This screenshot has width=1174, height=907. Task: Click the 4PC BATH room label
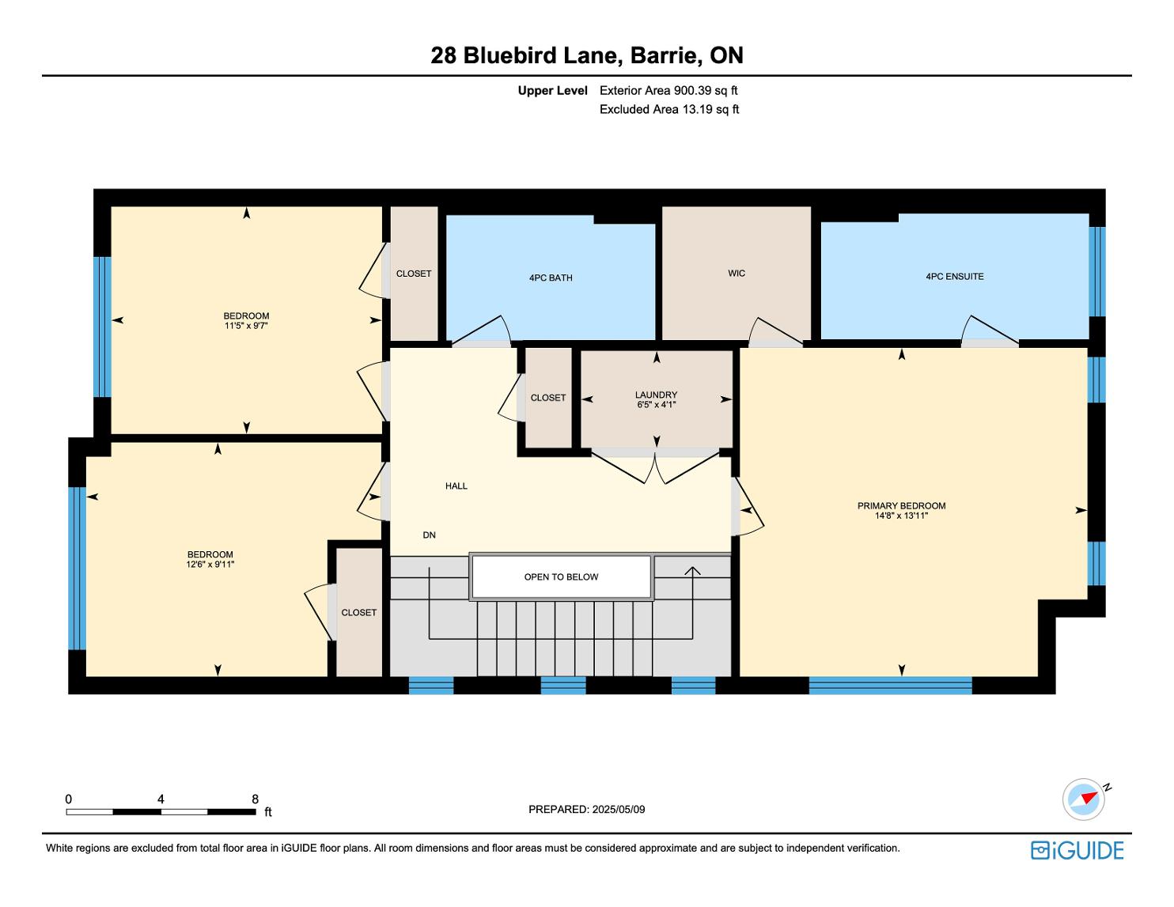[x=551, y=278]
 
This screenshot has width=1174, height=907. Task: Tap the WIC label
[x=737, y=273]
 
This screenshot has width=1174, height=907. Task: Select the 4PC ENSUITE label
[x=955, y=277]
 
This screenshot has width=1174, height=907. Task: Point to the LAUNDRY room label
[x=657, y=395]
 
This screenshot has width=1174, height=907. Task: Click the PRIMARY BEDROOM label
[x=901, y=506]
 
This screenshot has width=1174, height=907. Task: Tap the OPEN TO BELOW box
[x=562, y=576]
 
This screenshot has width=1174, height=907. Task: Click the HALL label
[x=456, y=486]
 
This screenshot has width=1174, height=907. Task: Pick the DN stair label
[x=429, y=535]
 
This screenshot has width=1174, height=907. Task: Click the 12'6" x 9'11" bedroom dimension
[x=210, y=565]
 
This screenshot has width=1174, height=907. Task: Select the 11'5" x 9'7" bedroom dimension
[x=246, y=326]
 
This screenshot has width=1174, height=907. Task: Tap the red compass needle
[x=1089, y=797]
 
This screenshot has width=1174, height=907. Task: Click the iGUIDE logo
[x=1077, y=850]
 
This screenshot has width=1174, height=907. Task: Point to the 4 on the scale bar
[x=161, y=799]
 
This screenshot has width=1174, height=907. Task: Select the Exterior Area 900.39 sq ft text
[x=668, y=91]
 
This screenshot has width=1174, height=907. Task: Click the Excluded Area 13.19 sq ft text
[x=669, y=110]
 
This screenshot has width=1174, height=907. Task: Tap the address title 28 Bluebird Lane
[x=527, y=55]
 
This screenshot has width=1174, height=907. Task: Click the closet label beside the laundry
[x=548, y=398]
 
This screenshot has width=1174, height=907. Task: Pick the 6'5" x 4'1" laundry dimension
[x=657, y=404]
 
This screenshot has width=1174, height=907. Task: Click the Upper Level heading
[x=553, y=91]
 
